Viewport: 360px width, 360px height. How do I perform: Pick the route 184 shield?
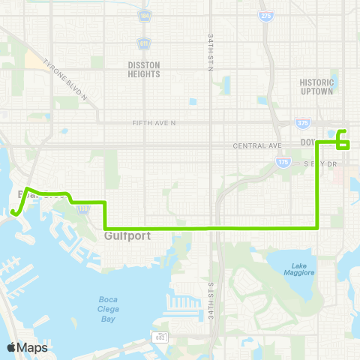click(x=144, y=16)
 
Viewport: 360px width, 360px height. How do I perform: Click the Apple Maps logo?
click(x=27, y=347)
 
